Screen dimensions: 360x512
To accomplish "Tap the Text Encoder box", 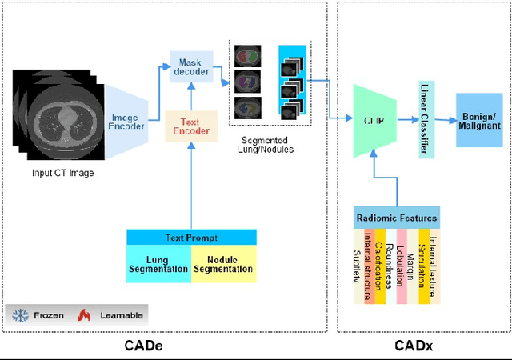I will [191, 126].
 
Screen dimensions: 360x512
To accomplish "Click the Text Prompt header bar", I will [191, 238].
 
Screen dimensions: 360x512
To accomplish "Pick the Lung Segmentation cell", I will [159, 264].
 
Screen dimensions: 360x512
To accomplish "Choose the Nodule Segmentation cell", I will [224, 264].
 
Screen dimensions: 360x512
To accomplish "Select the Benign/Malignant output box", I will [479, 119].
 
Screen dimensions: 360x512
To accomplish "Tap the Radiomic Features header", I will [397, 218].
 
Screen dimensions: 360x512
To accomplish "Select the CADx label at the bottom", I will [414, 346].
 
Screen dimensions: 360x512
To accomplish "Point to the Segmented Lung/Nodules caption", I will [267, 145].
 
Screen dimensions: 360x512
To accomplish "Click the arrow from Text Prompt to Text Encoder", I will [191, 184].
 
